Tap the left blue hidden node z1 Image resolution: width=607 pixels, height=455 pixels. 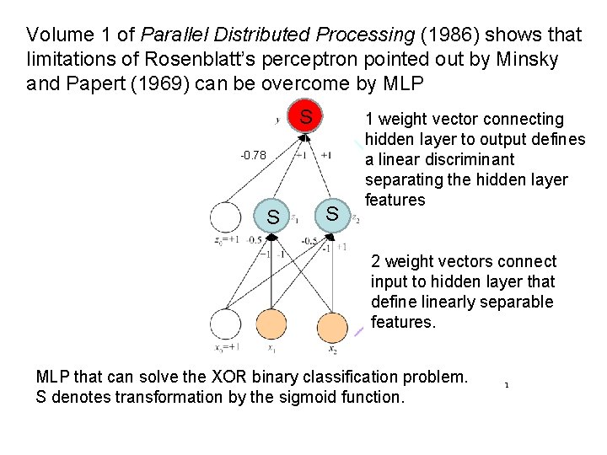click(272, 217)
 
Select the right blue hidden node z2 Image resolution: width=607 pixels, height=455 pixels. click(331, 213)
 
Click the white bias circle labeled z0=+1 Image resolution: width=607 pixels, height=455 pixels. click(225, 217)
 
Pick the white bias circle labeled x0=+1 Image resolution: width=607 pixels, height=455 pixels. click(225, 325)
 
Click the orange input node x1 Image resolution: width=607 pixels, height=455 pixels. click(271, 324)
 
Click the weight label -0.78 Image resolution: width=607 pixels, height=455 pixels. click(253, 155)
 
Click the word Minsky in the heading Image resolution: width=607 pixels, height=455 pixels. click(526, 60)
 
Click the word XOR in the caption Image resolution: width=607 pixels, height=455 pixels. click(206, 376)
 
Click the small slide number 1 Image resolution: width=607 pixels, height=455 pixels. click(507, 385)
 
